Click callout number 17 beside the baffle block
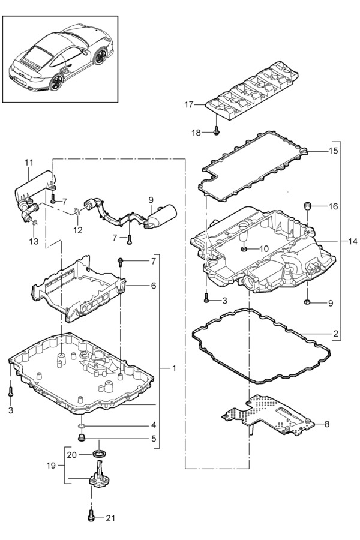tap(189, 104)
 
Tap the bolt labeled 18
tap(217, 131)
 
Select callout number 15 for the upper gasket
tap(333, 151)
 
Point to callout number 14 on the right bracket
tap(352, 241)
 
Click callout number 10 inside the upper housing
tap(263, 249)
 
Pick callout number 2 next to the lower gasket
tap(335, 334)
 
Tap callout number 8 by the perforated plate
tap(326, 424)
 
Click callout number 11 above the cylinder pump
tap(29, 162)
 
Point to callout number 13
tap(34, 241)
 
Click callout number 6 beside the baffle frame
tap(154, 286)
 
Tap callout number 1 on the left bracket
tap(174, 368)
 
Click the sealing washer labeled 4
tap(82, 427)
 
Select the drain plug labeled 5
tap(82, 438)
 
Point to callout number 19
tap(51, 466)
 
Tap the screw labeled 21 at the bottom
tap(91, 518)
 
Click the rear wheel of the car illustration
tap(56, 82)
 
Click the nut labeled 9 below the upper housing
tap(307, 302)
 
